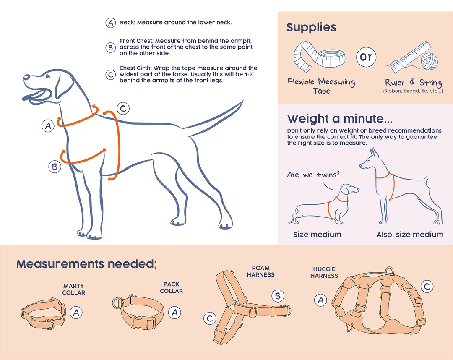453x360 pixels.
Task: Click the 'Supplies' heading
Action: [x=311, y=28]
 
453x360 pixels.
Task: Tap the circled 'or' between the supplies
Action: [x=366, y=57]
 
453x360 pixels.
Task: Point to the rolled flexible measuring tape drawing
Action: [x=321, y=57]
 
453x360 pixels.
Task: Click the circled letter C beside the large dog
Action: [x=122, y=109]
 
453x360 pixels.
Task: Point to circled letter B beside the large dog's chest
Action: [x=55, y=167]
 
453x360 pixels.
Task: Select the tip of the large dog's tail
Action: [x=242, y=102]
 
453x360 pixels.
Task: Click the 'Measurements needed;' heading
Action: [x=86, y=264]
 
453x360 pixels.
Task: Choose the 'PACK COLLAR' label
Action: [x=171, y=287]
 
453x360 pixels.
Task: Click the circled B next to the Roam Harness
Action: [x=278, y=296]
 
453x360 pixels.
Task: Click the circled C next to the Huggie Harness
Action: [x=426, y=287]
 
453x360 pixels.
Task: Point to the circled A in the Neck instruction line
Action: [x=110, y=23]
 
